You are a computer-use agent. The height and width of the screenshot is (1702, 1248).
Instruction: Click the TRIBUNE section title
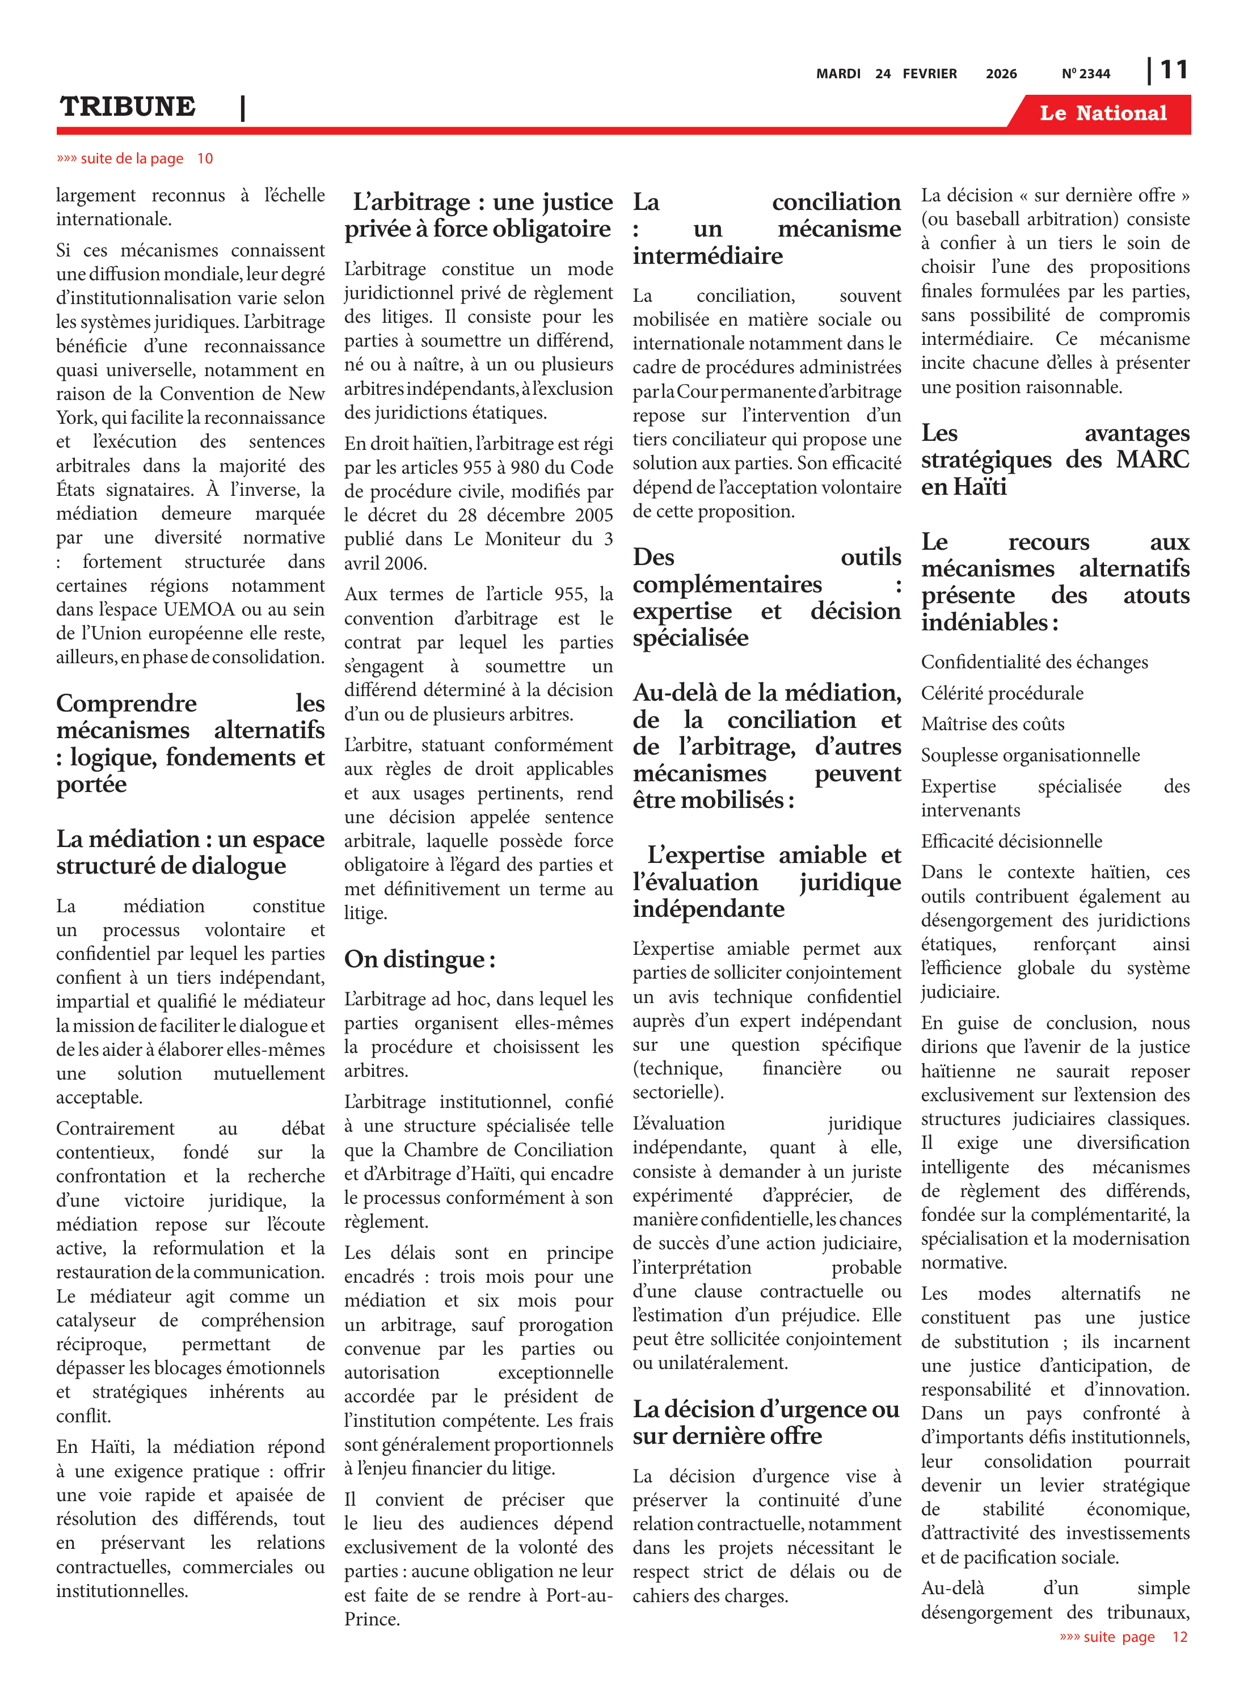[x=128, y=107]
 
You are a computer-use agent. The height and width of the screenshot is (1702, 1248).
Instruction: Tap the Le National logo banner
[x=1102, y=113]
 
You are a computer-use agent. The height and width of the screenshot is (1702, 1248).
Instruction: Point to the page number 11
[x=1173, y=70]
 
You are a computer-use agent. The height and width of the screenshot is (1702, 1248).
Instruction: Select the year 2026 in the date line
[x=1001, y=74]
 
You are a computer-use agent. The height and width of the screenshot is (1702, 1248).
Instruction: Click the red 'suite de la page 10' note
[x=134, y=159]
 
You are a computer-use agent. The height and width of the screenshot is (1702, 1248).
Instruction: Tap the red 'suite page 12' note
[x=1123, y=1637]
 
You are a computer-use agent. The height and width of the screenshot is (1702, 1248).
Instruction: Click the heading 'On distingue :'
[x=420, y=959]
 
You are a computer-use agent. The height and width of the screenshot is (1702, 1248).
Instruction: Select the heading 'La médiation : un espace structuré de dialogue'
[x=191, y=852]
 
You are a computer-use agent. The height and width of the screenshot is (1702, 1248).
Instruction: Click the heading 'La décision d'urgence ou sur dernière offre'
[x=766, y=1422]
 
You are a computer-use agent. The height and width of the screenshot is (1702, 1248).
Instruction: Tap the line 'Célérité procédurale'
[x=1002, y=693]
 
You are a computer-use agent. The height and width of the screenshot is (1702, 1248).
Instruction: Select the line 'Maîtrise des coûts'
[x=992, y=724]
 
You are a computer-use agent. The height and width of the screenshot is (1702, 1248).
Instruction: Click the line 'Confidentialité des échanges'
[x=1034, y=663]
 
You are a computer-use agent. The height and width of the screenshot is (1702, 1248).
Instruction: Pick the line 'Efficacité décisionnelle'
[x=1011, y=841]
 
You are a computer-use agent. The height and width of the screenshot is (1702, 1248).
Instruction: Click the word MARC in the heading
[x=1152, y=460]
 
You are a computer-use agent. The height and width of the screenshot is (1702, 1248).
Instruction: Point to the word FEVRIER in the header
[x=929, y=74]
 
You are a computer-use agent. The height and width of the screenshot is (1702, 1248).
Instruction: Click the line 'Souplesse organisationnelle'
[x=1030, y=756]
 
